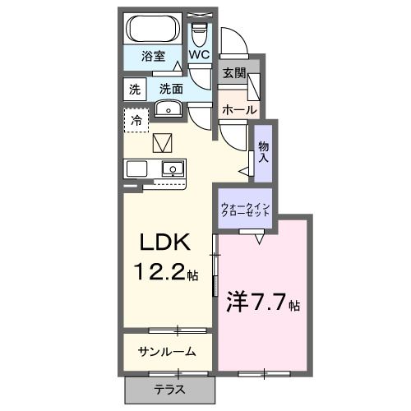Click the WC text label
click(200, 54)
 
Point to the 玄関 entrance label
click(233, 73)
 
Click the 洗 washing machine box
click(133, 88)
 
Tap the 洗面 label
click(171, 88)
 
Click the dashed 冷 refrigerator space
click(136, 119)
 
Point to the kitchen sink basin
click(173, 169)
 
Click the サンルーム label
click(166, 352)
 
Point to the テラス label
click(169, 389)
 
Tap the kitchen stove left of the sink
click(136, 169)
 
